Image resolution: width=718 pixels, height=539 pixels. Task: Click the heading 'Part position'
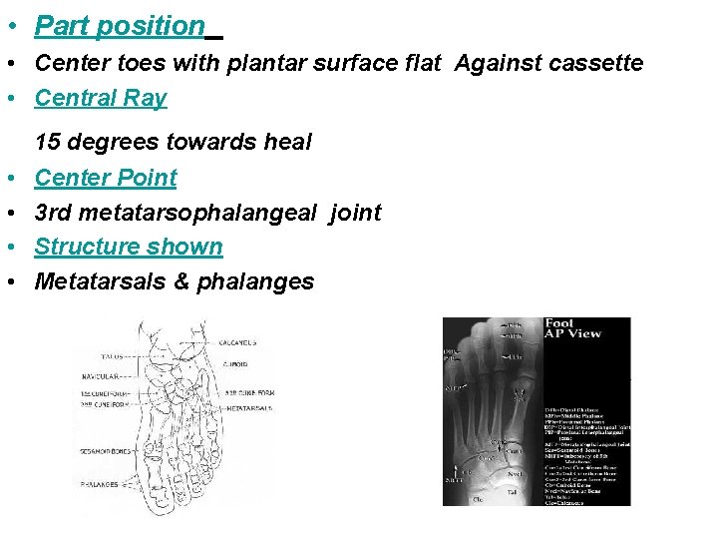tap(120, 26)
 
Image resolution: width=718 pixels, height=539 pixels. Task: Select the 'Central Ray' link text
tap(101, 98)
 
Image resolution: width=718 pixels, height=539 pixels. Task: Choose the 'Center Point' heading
tap(106, 178)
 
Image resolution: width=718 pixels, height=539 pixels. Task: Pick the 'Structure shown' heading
tap(129, 247)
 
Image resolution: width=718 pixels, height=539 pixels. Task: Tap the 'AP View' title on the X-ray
tap(574, 333)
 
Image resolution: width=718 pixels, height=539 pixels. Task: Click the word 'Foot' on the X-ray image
tap(560, 323)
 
